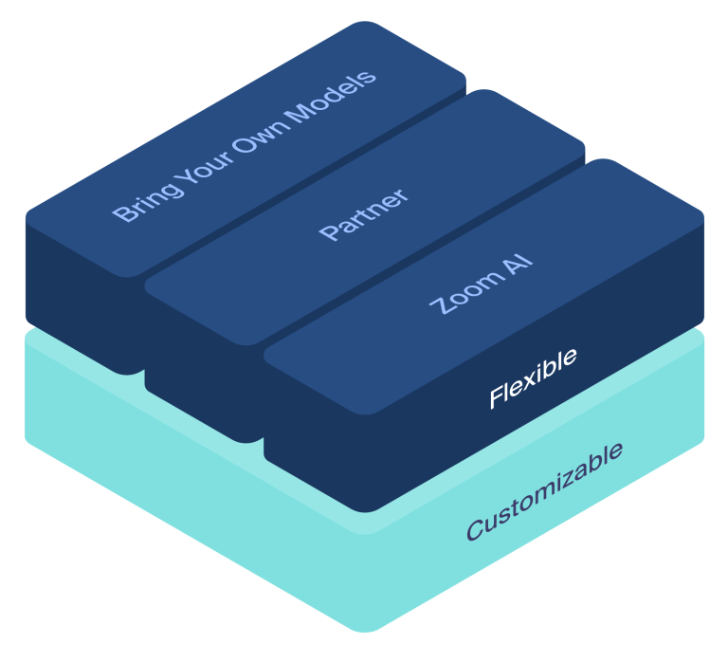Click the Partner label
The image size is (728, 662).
coord(364,214)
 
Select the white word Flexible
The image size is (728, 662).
coord(532,378)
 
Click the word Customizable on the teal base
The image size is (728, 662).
coord(544,490)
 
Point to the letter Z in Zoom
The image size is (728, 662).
coord(440,304)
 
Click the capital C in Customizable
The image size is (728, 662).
coord(476,529)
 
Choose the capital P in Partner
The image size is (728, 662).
coord(328,233)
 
